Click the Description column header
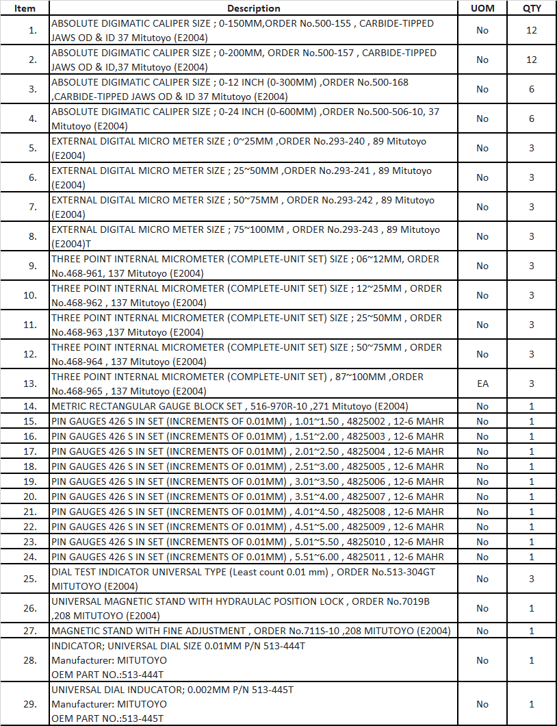[253, 8]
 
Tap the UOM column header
[482, 8]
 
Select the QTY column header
[532, 8]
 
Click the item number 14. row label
[30, 406]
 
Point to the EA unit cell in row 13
[482, 384]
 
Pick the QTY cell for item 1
[532, 30]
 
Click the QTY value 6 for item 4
[532, 118]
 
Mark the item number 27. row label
[30, 631]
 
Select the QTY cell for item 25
[532, 579]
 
